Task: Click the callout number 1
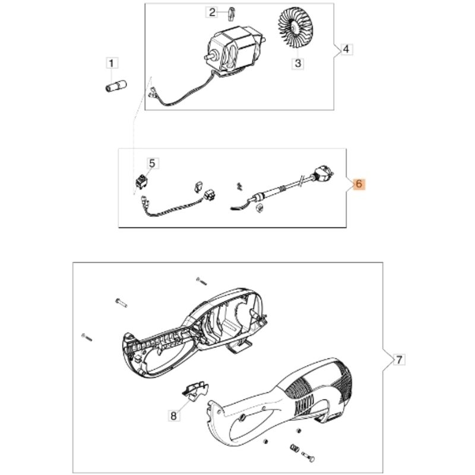pos(112,64)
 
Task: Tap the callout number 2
pos(212,12)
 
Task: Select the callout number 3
pos(298,64)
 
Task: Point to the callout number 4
pos(347,49)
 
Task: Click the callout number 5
pos(152,164)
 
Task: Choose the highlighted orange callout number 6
pos(359,184)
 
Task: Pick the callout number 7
pos(399,360)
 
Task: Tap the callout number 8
pos(173,415)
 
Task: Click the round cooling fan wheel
pos(293,28)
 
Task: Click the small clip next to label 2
pos(231,14)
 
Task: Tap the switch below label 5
pos(141,182)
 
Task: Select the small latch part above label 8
pos(195,390)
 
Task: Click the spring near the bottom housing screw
pos(294,447)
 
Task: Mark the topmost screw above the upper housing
pos(201,281)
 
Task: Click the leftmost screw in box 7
pos(87,337)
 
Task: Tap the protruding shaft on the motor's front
pos(211,56)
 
